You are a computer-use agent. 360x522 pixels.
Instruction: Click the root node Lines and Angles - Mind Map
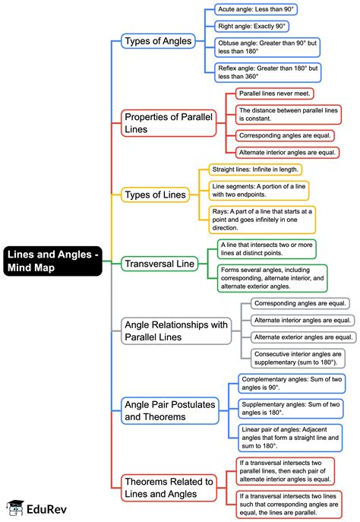pos(52,261)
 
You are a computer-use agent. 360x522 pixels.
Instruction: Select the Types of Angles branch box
pos(159,40)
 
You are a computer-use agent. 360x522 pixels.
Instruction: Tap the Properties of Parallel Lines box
pos(169,122)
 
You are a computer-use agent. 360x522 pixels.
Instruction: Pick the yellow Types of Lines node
pos(155,195)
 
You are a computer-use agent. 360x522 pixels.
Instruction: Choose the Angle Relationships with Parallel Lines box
pos(175,331)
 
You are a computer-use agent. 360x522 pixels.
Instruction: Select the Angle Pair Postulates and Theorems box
pos(170,410)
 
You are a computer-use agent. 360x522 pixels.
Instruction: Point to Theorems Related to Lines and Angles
pos(169,487)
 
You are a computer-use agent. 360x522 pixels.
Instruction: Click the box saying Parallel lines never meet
pos(275,93)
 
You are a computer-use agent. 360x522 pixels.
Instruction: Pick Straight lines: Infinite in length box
pos(255,169)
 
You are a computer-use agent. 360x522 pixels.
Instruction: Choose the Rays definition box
pos(262,218)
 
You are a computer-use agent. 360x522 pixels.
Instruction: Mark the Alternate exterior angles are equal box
pos(302,337)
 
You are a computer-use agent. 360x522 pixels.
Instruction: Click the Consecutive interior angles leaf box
pos(301,359)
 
